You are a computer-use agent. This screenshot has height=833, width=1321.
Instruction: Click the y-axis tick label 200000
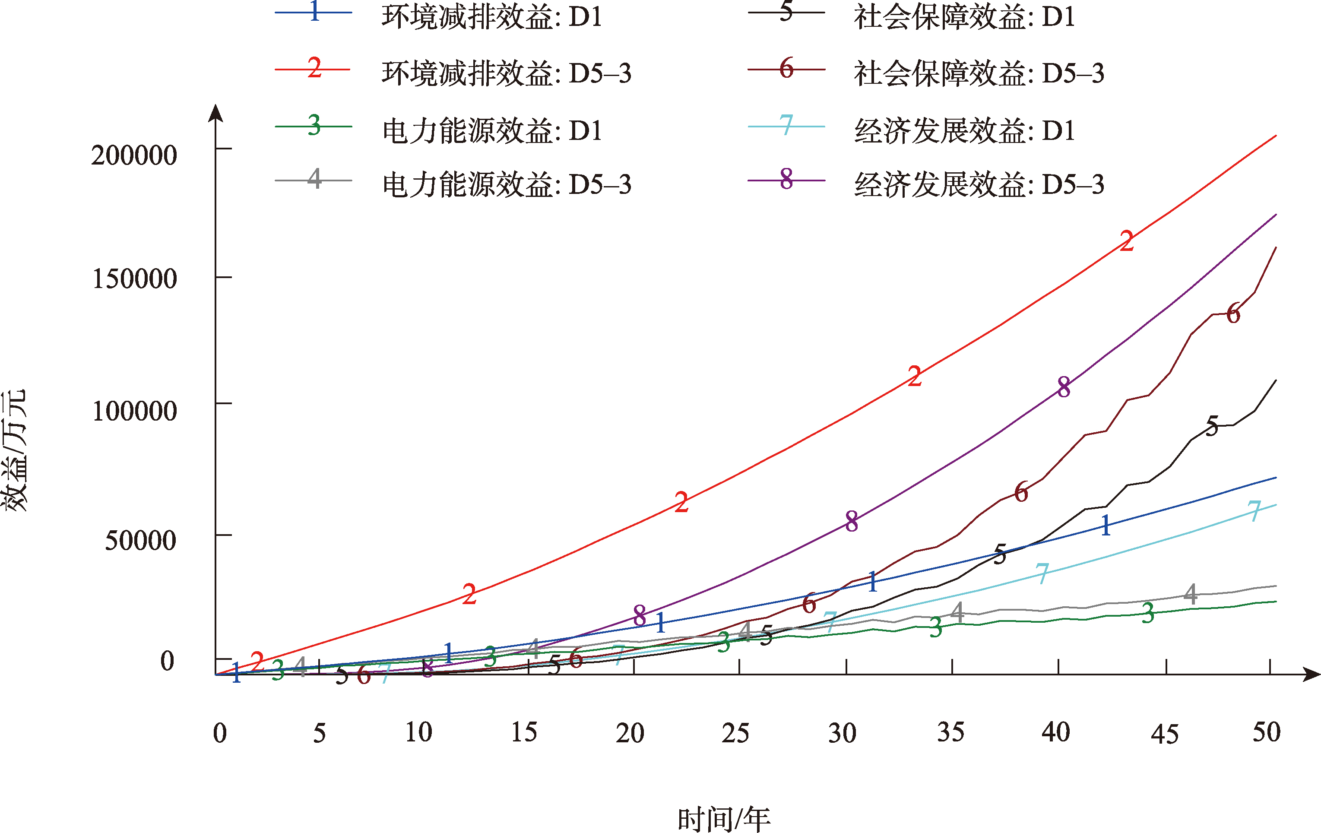[134, 155]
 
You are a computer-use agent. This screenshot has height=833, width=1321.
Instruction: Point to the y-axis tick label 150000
[134, 279]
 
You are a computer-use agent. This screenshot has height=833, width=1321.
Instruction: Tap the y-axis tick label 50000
[140, 541]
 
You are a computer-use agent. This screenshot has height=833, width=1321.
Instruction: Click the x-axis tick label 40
[1056, 732]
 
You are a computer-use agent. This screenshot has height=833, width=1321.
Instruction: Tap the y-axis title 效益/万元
[14, 450]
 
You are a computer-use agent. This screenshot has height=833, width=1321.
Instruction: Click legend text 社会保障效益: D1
[964, 17]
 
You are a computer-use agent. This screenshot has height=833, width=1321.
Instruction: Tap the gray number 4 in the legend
[314, 178]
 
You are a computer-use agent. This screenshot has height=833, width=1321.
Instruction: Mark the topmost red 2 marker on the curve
[1127, 241]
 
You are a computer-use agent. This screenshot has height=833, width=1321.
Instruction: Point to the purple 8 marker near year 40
[1064, 387]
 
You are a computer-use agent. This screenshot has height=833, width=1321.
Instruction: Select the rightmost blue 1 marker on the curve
[1106, 525]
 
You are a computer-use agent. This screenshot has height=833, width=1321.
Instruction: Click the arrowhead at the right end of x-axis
[1311, 675]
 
